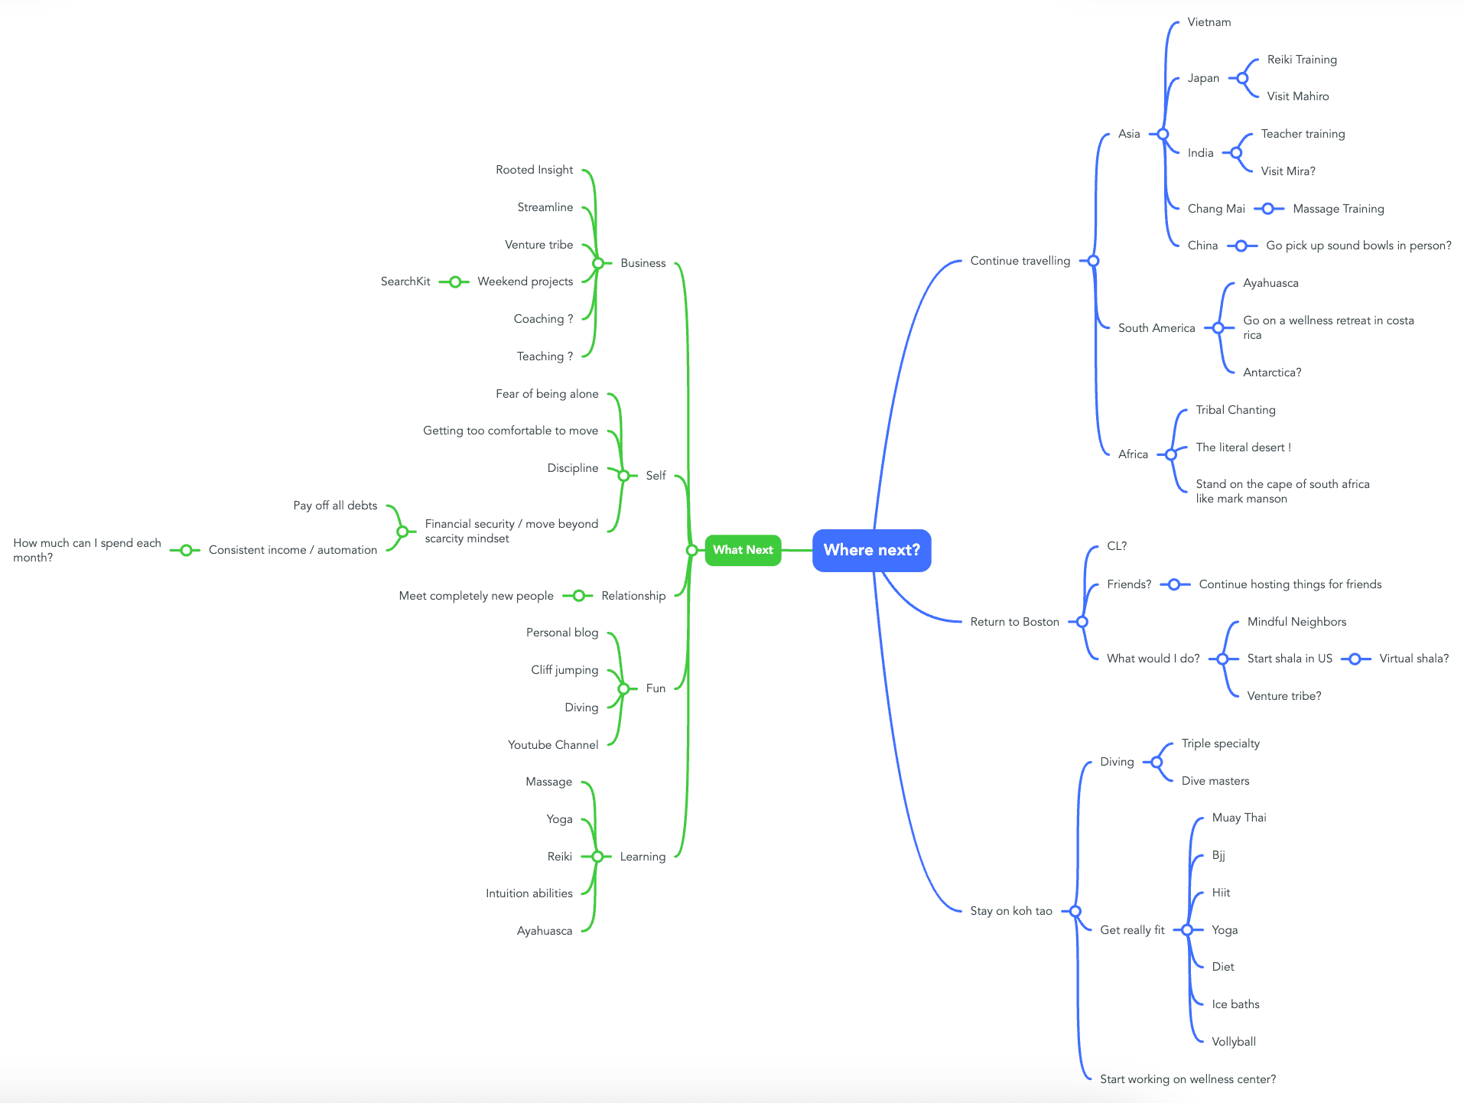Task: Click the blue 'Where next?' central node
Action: tap(871, 550)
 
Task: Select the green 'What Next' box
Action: tap(743, 550)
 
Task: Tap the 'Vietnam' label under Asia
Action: tap(1209, 22)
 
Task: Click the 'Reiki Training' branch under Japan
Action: tap(1301, 60)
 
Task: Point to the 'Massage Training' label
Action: tap(1338, 209)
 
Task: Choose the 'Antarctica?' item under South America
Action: tap(1271, 373)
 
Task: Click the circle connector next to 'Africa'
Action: tap(1170, 454)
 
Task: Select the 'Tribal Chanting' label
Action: tap(1235, 410)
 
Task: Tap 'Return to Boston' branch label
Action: tap(1014, 622)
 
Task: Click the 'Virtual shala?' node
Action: tap(1414, 659)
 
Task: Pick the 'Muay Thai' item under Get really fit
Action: tap(1238, 818)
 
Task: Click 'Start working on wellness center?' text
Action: tap(1187, 1079)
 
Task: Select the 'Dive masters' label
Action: tap(1215, 781)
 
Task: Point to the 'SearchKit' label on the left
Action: tap(405, 281)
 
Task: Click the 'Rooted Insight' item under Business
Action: tap(534, 170)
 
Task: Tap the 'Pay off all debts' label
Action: tap(335, 506)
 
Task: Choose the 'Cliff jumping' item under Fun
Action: tap(564, 670)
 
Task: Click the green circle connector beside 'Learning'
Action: tap(597, 857)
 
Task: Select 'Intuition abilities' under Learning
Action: tap(529, 893)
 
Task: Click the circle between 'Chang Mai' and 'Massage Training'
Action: tap(1268, 209)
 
